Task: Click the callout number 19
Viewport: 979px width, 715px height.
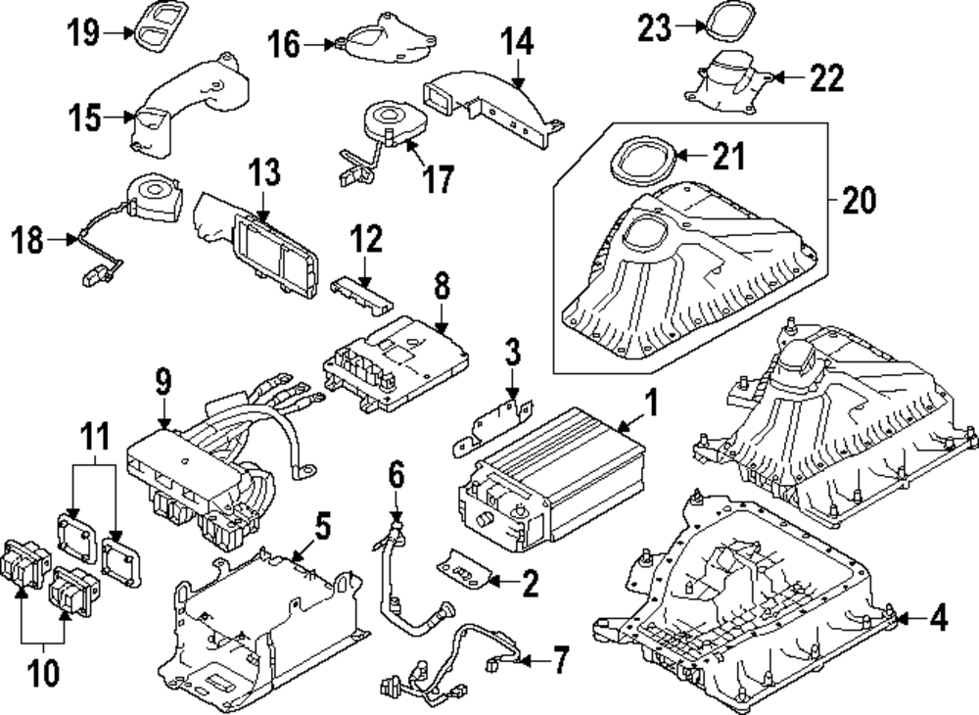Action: click(x=83, y=32)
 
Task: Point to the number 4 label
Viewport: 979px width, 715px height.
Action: click(x=938, y=618)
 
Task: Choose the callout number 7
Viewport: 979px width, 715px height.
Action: click(x=559, y=661)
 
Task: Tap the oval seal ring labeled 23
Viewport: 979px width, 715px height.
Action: click(x=724, y=22)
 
